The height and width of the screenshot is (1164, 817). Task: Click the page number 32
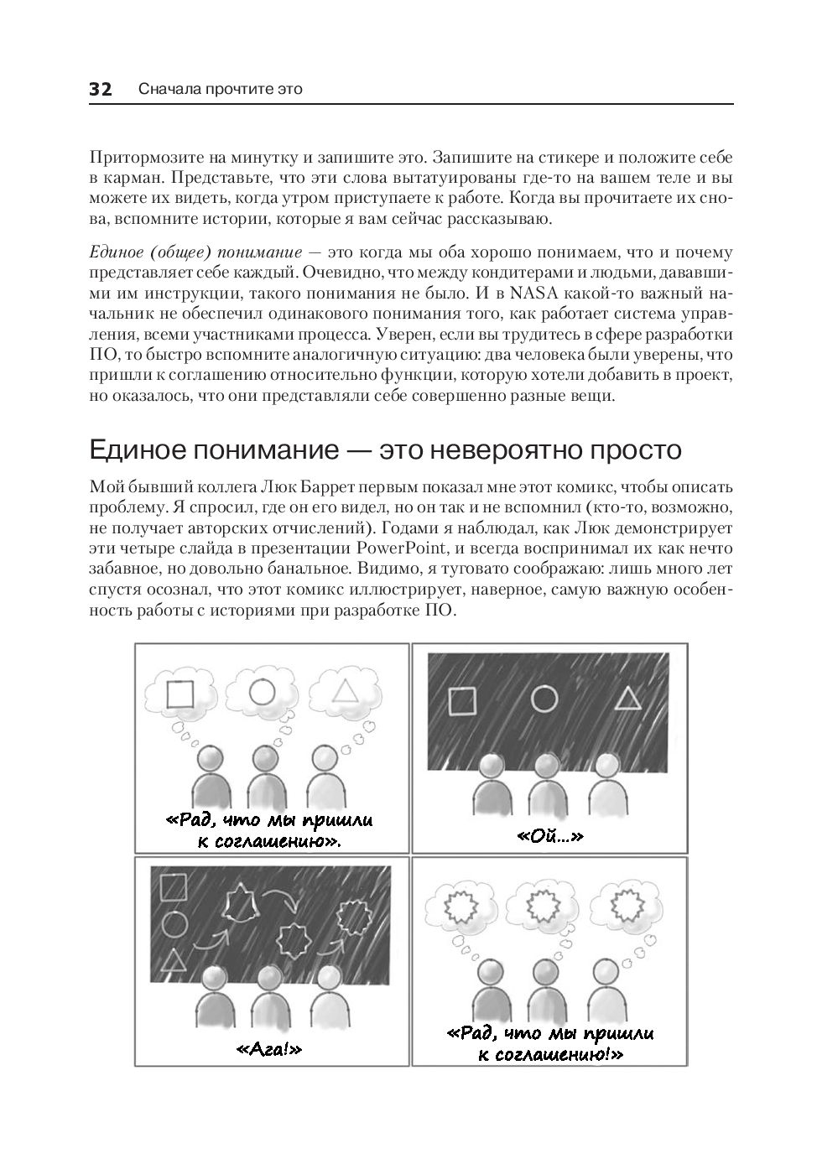click(101, 90)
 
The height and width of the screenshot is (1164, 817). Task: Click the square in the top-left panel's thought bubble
click(180, 694)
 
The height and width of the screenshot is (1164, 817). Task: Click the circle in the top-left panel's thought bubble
click(263, 691)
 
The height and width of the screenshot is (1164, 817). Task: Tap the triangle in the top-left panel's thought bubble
click(344, 691)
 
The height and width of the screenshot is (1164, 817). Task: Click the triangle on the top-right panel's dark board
click(627, 699)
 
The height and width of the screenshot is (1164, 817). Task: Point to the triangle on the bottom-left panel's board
click(172, 960)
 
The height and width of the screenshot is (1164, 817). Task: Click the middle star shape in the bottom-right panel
click(540, 906)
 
